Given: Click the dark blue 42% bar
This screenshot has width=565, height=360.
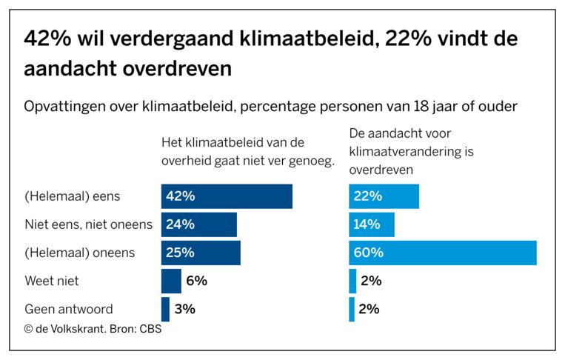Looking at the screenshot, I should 227,196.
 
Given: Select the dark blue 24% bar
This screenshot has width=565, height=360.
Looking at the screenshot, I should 198,224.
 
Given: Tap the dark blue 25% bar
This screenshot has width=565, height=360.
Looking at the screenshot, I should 201,253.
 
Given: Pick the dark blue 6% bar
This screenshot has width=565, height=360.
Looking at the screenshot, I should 171,281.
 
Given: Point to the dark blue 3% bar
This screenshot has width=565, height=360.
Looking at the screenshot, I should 165,309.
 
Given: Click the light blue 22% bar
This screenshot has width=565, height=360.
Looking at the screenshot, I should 384,196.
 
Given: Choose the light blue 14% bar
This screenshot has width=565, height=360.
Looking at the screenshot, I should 372,224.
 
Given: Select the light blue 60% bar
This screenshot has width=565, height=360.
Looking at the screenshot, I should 442,253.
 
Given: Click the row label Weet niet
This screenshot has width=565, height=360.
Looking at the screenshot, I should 52,281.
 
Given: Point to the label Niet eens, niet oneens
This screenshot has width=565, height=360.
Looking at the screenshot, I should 88,224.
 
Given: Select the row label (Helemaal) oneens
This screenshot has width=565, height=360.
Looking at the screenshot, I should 80,253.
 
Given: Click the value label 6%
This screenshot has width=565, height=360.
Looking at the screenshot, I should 196,281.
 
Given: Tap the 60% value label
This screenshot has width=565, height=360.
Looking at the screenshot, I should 370,253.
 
